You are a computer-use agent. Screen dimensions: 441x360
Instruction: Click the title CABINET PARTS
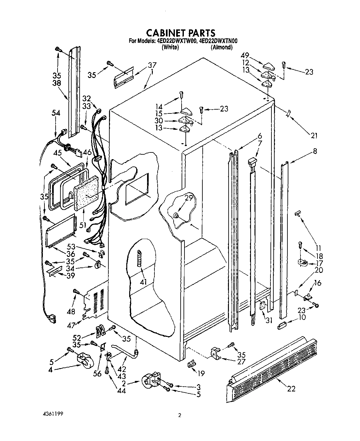[181, 33]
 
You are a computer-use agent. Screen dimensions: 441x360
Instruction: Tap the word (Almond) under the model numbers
[221, 47]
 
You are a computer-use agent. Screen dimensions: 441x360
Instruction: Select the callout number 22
[291, 389]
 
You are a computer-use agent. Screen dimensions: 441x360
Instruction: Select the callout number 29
[189, 198]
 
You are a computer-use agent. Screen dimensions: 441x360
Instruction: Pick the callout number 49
[245, 55]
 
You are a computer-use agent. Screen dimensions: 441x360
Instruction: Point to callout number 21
[314, 135]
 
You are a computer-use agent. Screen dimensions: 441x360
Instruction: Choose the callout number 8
[315, 151]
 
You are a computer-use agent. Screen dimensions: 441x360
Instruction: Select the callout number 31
[269, 320]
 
